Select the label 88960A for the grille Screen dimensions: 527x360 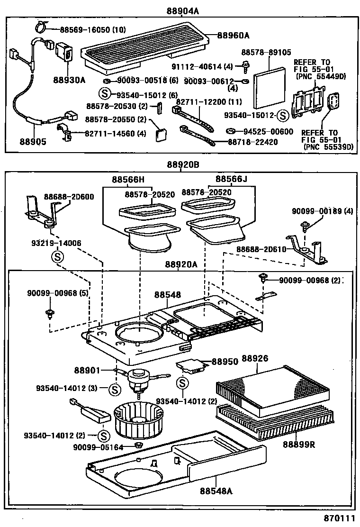click(234, 35)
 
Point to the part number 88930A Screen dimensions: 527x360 click(69, 80)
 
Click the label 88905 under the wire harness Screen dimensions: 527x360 click(33, 141)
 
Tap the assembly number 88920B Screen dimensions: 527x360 click(182, 165)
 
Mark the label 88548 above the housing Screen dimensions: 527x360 click(167, 295)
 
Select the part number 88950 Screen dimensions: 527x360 click(225, 362)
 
